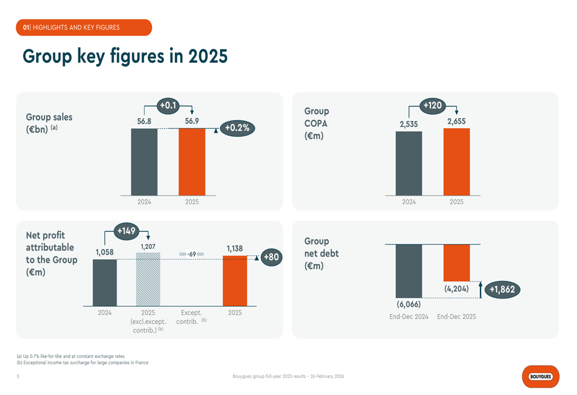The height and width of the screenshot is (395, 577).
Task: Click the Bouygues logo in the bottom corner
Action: [541, 377]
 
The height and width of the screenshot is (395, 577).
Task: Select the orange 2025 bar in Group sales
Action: [192, 162]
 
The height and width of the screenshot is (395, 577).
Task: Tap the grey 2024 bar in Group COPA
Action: [409, 163]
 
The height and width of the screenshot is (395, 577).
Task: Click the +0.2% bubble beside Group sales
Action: [237, 128]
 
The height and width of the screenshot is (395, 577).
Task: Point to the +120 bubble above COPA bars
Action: [432, 106]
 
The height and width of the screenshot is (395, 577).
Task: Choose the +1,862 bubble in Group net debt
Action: [502, 289]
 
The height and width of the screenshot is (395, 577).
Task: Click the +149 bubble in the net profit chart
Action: [126, 231]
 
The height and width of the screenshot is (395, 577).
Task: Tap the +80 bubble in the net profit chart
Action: [271, 257]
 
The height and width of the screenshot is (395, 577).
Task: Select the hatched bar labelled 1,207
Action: [148, 279]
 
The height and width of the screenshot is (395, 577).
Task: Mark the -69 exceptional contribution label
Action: [192, 254]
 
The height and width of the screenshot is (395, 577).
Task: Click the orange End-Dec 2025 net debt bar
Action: [456, 263]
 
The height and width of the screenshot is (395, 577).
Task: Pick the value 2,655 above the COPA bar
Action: [456, 121]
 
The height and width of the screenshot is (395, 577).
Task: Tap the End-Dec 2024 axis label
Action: [409, 317]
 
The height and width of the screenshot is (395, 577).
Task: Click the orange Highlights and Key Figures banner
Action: [84, 28]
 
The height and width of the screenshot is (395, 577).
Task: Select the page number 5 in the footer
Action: [18, 377]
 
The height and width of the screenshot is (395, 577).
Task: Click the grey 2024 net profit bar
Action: [104, 283]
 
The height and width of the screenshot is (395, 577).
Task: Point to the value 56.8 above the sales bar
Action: [144, 121]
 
